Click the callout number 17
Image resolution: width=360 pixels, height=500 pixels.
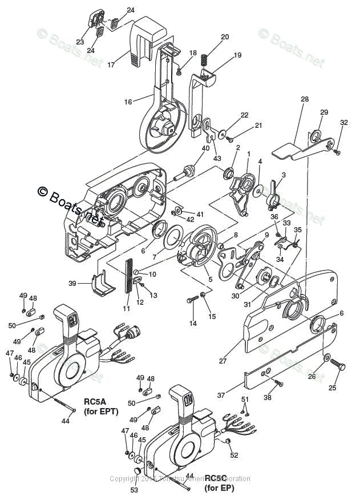click(x=111, y=64)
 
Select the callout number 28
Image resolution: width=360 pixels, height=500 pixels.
click(x=305, y=99)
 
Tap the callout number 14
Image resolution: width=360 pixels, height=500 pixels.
click(x=193, y=323)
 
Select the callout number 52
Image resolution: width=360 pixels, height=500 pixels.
click(x=234, y=455)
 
